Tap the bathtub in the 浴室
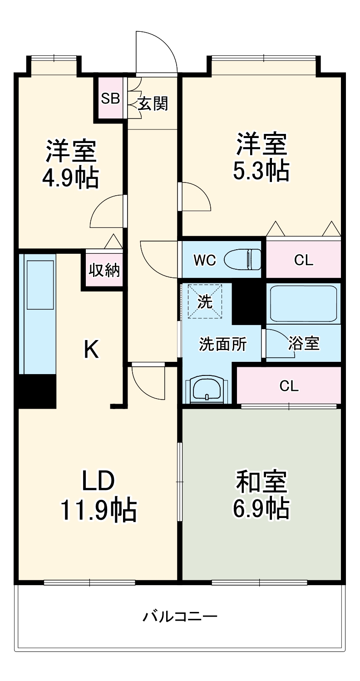click(x=303, y=303)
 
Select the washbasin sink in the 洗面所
click(x=207, y=389)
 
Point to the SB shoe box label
click(x=110, y=99)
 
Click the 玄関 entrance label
click(x=153, y=104)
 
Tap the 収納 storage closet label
click(x=104, y=271)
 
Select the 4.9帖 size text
click(x=70, y=179)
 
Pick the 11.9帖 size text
click(x=99, y=510)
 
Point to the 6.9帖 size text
click(x=261, y=508)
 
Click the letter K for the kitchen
click(x=91, y=350)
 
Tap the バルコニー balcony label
click(x=180, y=617)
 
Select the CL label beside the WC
click(x=303, y=260)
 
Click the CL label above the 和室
click(x=289, y=386)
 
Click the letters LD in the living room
click(x=98, y=481)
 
